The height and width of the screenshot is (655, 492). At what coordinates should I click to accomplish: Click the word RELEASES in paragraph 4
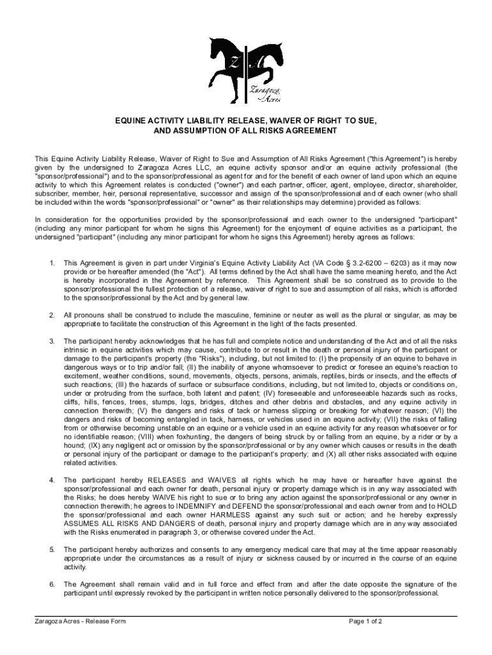167,480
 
